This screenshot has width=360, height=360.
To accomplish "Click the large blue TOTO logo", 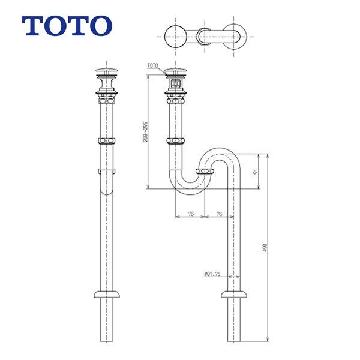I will tap(67, 25).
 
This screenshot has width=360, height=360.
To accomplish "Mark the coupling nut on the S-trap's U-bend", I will tap(205, 173).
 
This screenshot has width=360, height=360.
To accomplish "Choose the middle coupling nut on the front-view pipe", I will tap(107, 142).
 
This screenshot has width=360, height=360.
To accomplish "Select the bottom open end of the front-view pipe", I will tap(107, 340).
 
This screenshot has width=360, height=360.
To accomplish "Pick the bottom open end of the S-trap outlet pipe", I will tap(235, 340).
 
